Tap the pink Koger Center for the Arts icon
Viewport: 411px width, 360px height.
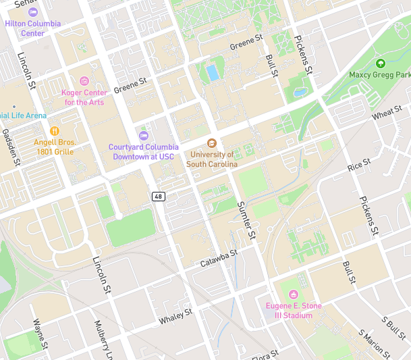pos(84,81)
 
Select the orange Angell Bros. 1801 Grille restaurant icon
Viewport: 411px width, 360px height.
pos(55,131)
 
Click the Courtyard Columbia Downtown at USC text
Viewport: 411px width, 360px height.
pos(144,152)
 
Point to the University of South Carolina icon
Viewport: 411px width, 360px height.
pos(212,143)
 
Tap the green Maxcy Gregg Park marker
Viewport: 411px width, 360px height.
pos(380,63)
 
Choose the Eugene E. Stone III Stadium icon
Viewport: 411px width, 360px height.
pos(293,294)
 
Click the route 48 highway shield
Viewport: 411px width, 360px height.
pos(159,196)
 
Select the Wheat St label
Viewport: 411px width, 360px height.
pos(387,113)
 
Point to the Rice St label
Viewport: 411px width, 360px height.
pos(359,164)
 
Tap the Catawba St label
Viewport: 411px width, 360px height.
pos(219,257)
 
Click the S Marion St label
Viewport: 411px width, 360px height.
pos(375,344)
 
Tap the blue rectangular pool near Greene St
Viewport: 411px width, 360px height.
pos(213,72)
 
